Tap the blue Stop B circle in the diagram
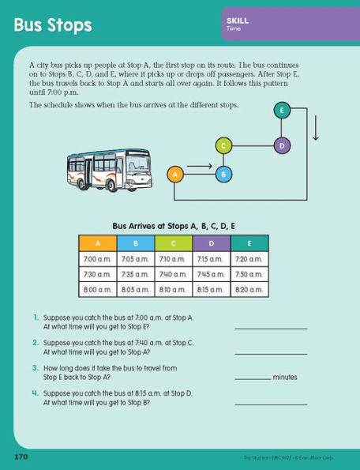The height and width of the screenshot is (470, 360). tap(223, 173)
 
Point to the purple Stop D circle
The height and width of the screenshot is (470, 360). tap(282, 145)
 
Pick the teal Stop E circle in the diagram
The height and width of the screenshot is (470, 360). tap(282, 111)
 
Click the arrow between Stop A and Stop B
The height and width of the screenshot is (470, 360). tap(200, 167)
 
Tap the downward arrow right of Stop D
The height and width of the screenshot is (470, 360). tap(316, 127)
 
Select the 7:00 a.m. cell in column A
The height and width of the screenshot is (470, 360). tap(97, 259)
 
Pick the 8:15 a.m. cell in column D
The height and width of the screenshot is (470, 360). tap(211, 290)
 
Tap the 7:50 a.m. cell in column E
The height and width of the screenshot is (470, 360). tap(249, 274)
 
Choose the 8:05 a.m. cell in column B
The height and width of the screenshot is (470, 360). tap(135, 290)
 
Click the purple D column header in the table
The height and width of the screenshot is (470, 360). tap(211, 243)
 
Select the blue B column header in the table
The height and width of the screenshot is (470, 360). tap(135, 243)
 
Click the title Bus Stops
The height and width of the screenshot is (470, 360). tap(52, 25)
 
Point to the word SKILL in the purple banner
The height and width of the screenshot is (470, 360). tap(237, 21)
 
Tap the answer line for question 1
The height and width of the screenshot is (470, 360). tap(270, 327)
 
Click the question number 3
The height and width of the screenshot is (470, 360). tap(36, 367)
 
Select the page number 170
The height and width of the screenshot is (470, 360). tap(21, 457)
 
